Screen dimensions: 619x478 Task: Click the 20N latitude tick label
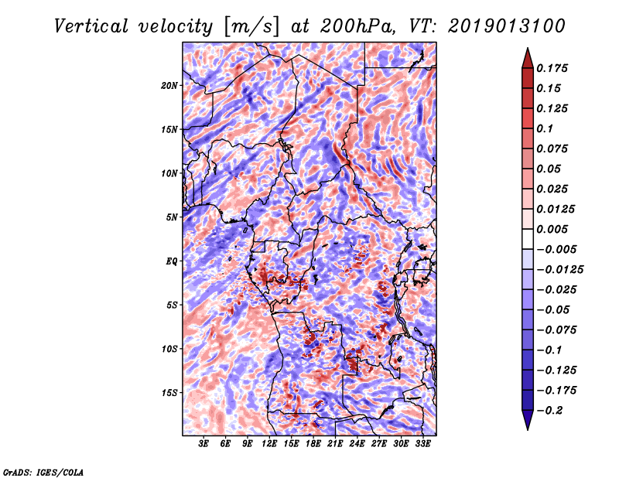pos(169,86)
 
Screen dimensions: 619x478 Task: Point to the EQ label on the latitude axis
pos(171,261)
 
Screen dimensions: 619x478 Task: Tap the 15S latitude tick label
pos(169,393)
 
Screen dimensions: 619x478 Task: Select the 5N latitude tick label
pos(172,217)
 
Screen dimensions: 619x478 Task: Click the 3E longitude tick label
pos(203,444)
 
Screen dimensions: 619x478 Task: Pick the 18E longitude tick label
pos(313,444)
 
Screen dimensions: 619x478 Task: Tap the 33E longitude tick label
pos(422,444)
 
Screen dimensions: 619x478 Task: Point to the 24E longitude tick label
pos(357,444)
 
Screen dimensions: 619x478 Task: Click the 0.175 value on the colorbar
pos(552,68)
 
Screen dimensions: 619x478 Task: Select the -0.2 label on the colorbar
pos(549,411)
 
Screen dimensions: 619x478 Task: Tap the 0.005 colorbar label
pos(552,229)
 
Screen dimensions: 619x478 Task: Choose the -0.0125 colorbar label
pos(559,270)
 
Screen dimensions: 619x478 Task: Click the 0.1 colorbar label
pos(545,128)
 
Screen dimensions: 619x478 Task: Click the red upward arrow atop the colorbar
pos(528,58)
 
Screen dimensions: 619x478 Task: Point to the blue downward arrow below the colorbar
pos(528,420)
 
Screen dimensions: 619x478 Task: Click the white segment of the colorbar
pos(528,239)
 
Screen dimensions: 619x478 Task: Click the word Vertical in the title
pos(91,26)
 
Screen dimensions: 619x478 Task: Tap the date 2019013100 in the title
pos(507,26)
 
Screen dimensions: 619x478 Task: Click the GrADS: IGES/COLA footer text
pos(43,473)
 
